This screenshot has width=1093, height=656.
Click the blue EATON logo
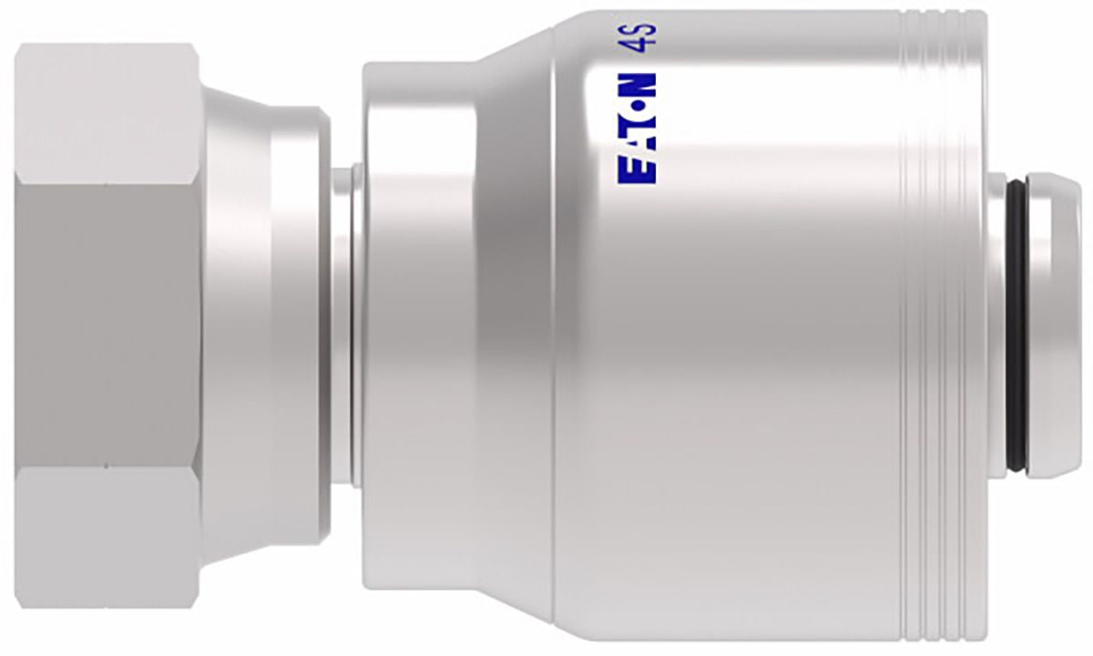click(637, 128)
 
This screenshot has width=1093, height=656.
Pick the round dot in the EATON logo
click(637, 106)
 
